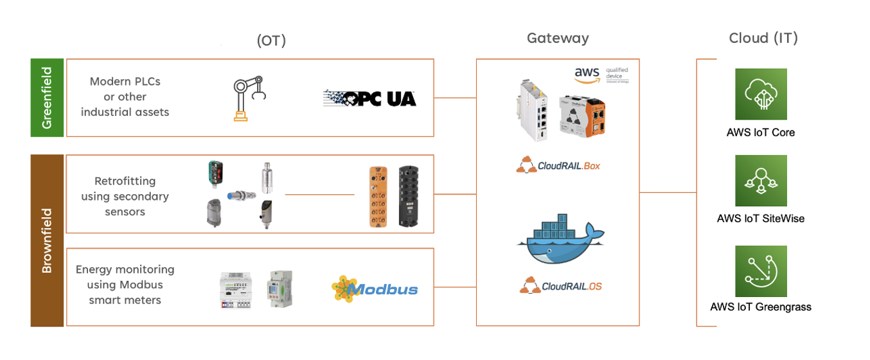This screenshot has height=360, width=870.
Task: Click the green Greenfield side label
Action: coord(47,98)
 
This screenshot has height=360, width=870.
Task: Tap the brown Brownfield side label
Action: coord(47,240)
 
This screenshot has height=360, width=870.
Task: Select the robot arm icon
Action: coord(248,98)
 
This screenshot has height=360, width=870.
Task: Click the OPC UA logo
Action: coord(369,98)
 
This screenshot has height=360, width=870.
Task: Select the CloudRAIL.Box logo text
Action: coord(558,165)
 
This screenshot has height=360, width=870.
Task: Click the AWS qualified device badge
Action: coord(601,75)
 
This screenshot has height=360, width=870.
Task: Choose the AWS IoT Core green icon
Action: coord(761,94)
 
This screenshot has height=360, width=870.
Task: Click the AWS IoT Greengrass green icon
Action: coord(761,271)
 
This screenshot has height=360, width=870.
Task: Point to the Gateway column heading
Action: coord(558,39)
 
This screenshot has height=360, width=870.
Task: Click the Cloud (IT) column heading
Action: coord(763,39)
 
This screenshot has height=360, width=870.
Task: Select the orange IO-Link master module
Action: coord(378,196)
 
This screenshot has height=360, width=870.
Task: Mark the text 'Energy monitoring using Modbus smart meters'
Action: coord(125,285)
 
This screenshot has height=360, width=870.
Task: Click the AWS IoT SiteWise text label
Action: coord(761,219)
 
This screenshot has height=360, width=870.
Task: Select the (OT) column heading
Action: coord(271,41)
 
